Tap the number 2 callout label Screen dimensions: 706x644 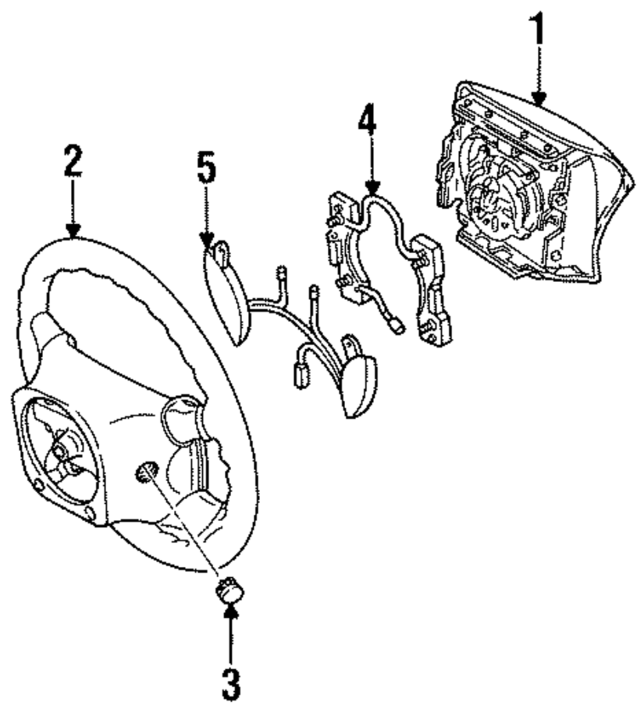click(x=73, y=164)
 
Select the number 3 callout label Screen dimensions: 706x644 click(x=231, y=685)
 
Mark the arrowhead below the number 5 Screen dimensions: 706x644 click(x=207, y=242)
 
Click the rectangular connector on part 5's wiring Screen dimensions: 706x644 click(x=300, y=377)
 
